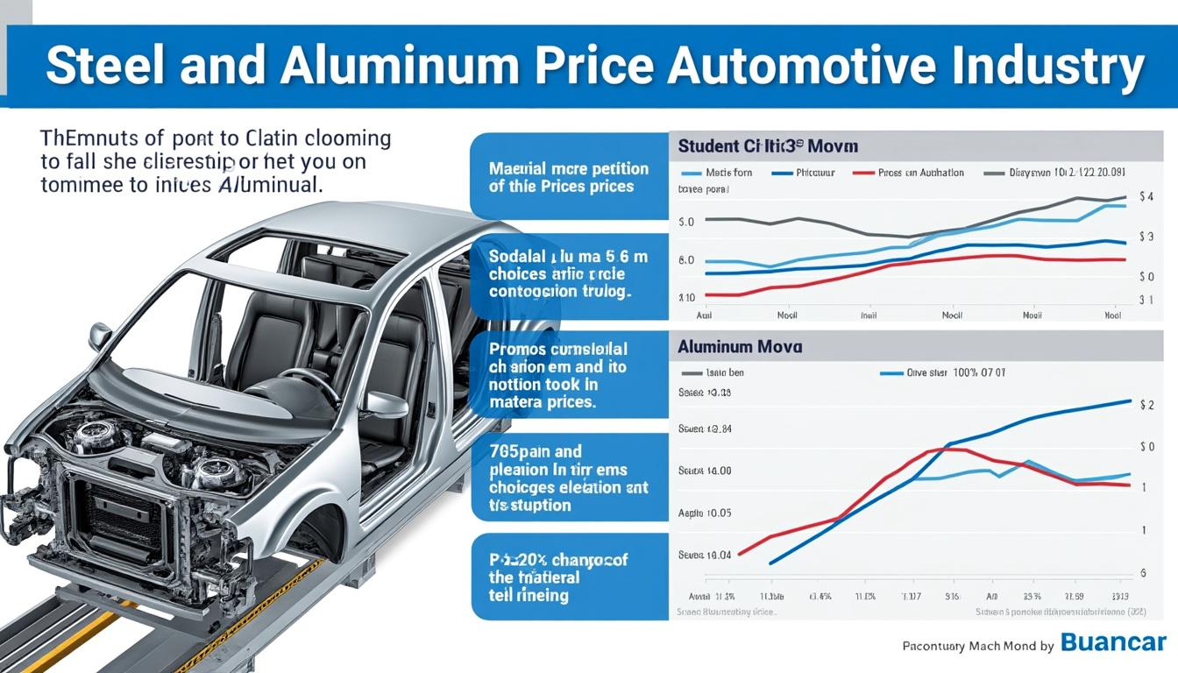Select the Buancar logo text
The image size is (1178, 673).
[x=1113, y=643]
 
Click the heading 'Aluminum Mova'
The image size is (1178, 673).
[x=739, y=347]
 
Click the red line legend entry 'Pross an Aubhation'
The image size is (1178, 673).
[x=920, y=173]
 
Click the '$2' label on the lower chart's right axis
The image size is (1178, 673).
[x=1146, y=405]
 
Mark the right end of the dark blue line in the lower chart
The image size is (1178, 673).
[x=1131, y=401]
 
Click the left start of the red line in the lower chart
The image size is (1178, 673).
[x=741, y=554]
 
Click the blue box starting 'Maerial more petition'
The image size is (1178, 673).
[x=569, y=176]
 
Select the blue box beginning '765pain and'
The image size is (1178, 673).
[x=569, y=478]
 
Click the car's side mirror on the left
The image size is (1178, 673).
[x=99, y=336]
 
